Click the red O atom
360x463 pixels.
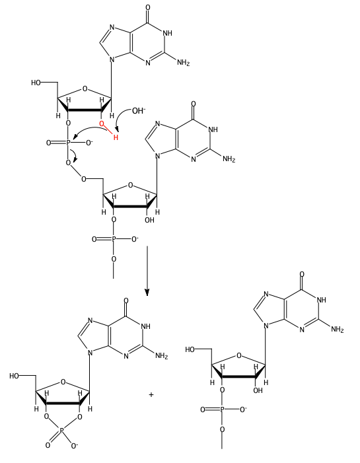point(102,124)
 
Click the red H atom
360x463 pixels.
point(116,137)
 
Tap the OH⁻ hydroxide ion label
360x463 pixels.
point(139,111)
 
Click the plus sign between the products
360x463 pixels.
point(151,394)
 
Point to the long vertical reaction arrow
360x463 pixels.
point(147,271)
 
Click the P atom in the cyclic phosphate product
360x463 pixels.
point(61,431)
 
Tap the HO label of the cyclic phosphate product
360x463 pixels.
point(14,376)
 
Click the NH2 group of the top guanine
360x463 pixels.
point(183,63)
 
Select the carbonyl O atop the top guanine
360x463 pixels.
point(148,7)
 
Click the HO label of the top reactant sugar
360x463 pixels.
point(36,83)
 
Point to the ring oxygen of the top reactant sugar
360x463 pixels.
point(85,89)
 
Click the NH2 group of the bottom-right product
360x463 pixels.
point(338,329)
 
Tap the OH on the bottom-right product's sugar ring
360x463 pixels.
point(258,390)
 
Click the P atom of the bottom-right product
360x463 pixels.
point(222,410)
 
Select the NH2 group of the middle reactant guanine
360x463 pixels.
point(229,159)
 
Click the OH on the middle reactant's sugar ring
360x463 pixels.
point(149,220)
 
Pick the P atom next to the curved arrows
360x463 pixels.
point(68,143)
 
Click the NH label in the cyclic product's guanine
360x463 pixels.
point(145,326)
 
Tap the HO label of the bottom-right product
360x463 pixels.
point(190,349)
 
